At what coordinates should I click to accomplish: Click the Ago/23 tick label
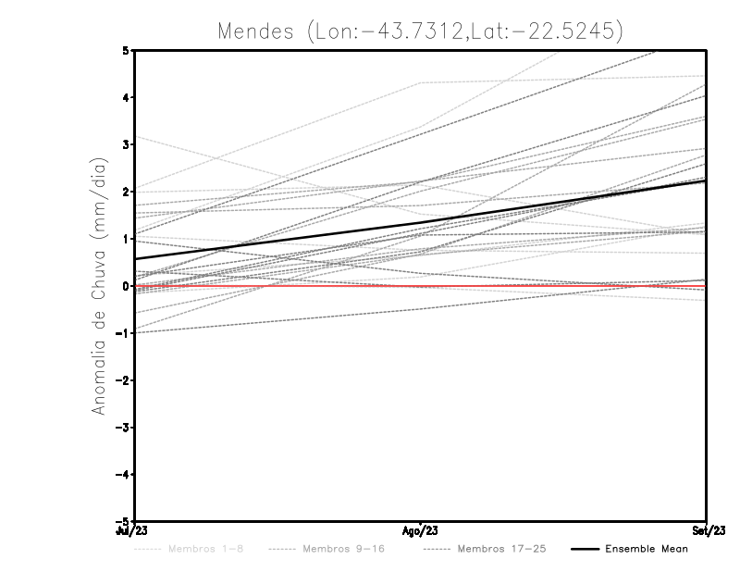420,531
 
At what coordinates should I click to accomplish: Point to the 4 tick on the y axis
127,97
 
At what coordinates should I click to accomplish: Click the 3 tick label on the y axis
127,144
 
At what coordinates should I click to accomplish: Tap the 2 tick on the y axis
127,192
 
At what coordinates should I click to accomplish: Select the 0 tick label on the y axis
127,285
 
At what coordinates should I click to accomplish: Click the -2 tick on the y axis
124,379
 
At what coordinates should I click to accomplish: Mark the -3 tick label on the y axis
124,427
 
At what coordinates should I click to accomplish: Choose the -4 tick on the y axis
124,474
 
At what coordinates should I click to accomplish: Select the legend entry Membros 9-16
341,549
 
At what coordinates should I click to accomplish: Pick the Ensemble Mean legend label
646,549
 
